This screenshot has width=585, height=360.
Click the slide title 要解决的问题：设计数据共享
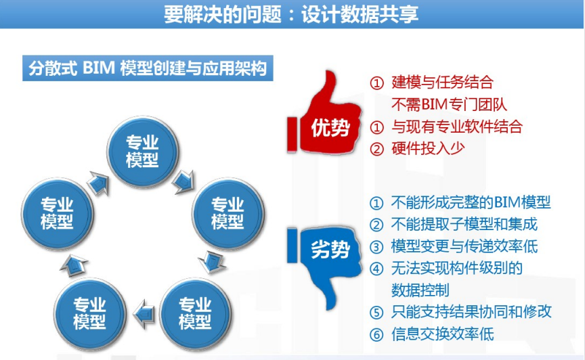coord(291,14)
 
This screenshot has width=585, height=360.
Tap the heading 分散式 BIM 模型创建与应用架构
coord(148,68)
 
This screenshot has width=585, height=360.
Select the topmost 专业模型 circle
coord(142,152)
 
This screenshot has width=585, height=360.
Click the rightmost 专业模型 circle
coord(227,213)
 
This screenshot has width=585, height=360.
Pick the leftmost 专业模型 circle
coord(57,213)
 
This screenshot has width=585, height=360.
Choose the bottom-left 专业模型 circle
coord(89,313)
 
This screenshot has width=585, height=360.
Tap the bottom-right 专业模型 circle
coord(195,313)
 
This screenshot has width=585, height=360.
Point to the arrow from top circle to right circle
coord(183,181)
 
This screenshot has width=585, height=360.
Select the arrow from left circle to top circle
coord(98,183)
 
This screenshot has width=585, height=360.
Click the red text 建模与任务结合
coord(443,82)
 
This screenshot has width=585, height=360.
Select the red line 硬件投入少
coord(428,148)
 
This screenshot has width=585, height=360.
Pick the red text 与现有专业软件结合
coord(457,127)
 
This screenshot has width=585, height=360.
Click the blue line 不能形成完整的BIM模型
coord(471,202)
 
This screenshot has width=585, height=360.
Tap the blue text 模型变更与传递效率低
coord(464,246)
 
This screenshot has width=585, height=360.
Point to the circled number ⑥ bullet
coord(376,335)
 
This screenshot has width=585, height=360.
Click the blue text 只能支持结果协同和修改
coord(471,312)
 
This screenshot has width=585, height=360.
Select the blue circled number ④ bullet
coord(376,269)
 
